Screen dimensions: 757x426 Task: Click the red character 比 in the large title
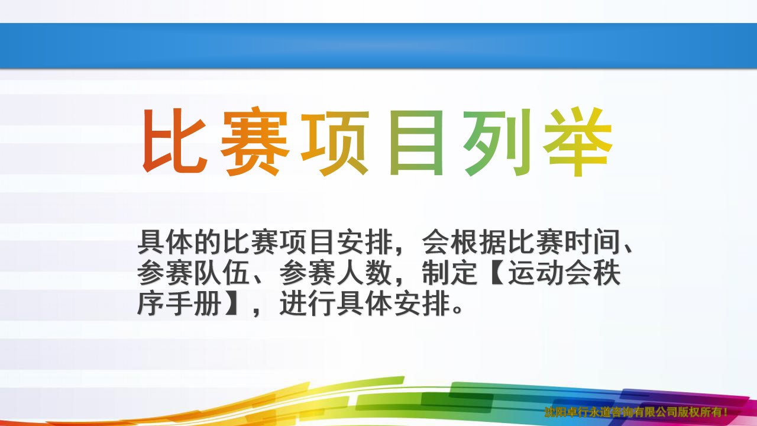[x=174, y=141]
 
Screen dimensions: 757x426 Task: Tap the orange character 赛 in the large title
[x=254, y=141]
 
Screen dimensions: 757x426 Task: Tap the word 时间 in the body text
[x=593, y=242]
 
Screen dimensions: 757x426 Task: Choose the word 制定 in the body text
[x=451, y=273]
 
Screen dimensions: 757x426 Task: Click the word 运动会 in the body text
[x=551, y=273]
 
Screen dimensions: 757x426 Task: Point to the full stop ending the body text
[x=457, y=310]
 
